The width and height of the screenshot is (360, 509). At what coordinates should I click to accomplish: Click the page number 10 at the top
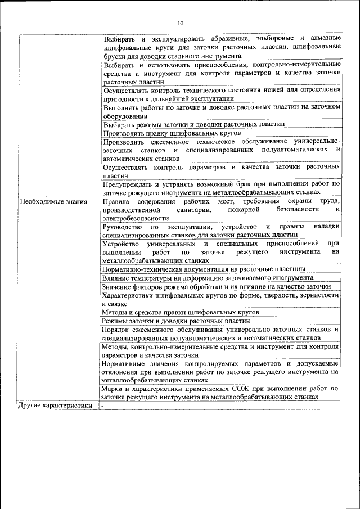pos(180,23)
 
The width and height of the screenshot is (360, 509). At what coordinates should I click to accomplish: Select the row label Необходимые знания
pos(53,201)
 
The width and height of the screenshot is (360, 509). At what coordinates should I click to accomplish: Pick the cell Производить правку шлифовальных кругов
pos(172,133)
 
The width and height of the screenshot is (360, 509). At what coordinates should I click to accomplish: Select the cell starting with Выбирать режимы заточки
pos(193,124)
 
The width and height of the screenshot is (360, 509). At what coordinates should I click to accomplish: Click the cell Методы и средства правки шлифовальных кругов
pos(181,311)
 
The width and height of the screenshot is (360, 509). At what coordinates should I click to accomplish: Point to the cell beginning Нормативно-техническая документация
pos(204,269)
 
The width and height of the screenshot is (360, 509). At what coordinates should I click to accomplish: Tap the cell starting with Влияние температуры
pos(208,277)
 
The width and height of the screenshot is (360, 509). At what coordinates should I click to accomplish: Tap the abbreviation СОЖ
pos(237,388)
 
